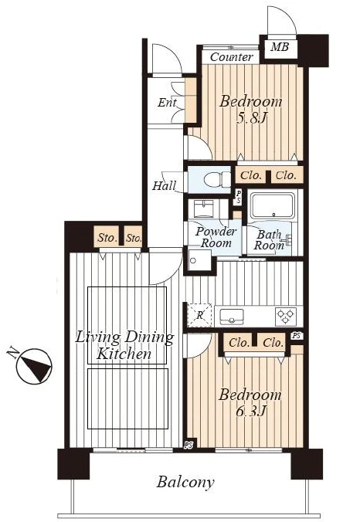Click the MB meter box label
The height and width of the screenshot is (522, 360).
coord(280,46)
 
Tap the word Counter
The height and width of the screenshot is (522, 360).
coord(232,57)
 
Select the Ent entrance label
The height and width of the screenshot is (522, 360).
coord(167,102)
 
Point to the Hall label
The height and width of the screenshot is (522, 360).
coord(165,185)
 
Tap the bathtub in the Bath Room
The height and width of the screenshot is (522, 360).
coord(273,205)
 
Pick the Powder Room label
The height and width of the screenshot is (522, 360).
coord(216,237)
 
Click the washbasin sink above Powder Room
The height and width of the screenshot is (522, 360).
coord(202,208)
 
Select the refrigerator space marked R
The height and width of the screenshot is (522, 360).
coord(199,315)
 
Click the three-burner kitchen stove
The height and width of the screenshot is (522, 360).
coord(285,317)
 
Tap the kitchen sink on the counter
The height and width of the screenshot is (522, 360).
coord(232,316)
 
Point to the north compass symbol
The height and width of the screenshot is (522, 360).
coord(34,365)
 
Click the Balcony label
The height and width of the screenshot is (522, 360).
coord(185,483)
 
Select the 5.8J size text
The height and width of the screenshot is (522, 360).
coord(251,117)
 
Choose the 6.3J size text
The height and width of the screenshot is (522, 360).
coord(251,411)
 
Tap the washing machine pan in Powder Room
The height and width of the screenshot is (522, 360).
coord(200,260)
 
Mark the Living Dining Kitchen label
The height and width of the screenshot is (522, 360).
coord(124,345)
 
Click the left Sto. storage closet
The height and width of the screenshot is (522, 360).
coord(107,237)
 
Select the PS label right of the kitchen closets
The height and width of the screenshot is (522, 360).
coord(297,336)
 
